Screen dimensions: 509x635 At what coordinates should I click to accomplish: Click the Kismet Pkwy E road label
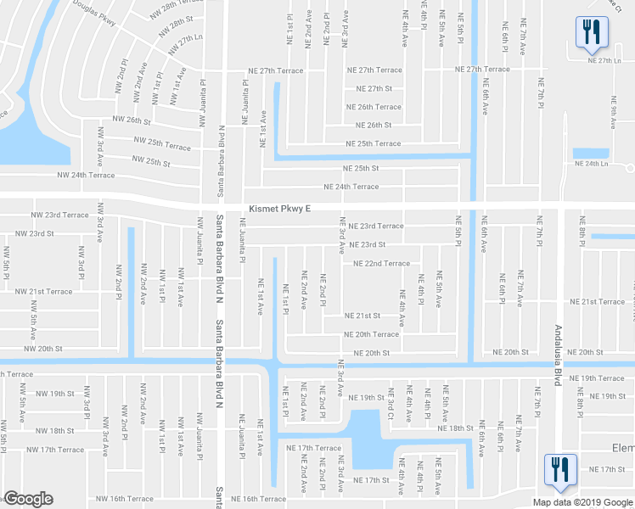click(x=280, y=208)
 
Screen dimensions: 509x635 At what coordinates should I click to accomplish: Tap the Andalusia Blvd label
click(x=559, y=355)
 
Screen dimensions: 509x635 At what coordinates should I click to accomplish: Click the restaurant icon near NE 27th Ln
click(x=588, y=31)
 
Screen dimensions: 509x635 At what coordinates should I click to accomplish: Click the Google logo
click(x=28, y=499)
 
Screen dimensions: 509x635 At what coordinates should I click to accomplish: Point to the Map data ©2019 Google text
click(x=583, y=502)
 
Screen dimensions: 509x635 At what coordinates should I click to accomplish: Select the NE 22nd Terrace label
click(x=376, y=263)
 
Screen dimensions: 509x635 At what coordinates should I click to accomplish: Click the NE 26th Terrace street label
click(x=374, y=107)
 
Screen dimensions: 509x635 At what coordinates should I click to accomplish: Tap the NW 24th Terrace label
click(x=86, y=175)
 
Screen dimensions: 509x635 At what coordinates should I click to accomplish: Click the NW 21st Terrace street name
click(x=44, y=291)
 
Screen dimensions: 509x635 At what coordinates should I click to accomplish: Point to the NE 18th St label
click(x=455, y=428)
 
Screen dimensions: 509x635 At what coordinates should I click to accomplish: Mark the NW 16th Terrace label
click(x=125, y=499)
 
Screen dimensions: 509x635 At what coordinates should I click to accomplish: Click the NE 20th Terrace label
click(x=372, y=334)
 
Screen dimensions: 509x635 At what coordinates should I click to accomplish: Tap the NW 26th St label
click(x=127, y=120)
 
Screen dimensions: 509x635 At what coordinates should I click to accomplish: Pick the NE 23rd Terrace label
click(x=375, y=226)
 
